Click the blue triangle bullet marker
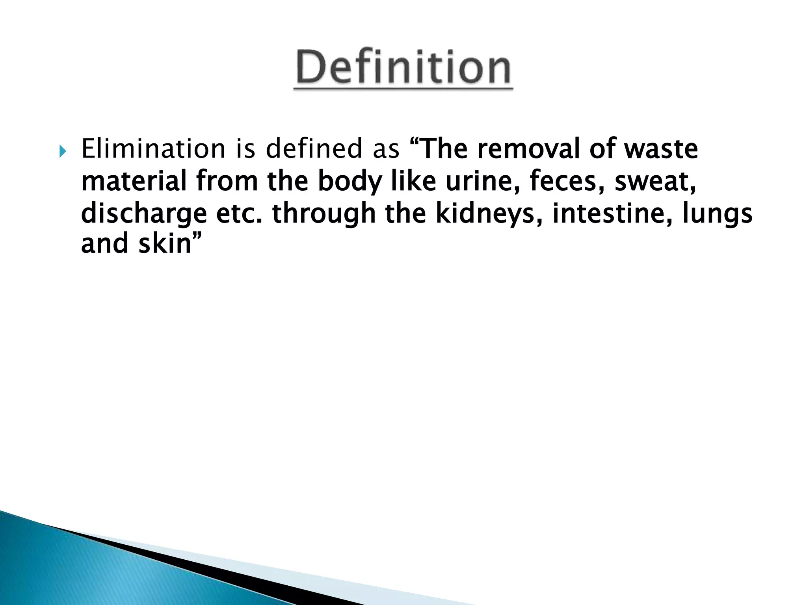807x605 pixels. click(x=63, y=151)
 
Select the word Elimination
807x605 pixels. click(x=153, y=149)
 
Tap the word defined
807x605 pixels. click(x=314, y=149)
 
